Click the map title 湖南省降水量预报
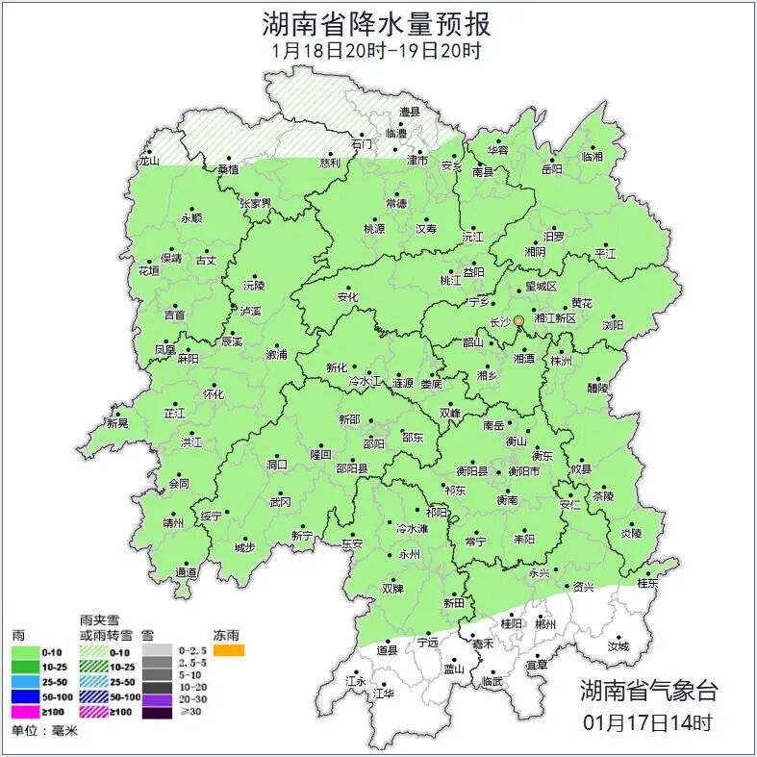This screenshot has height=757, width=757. point(377,22)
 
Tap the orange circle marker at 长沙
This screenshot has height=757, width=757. point(518,320)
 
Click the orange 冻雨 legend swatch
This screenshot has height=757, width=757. point(229,651)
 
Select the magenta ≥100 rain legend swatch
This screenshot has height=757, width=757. point(25,712)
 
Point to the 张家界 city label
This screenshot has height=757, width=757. point(256,203)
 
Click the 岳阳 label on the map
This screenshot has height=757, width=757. point(551,169)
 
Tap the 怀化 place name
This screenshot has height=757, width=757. point(213,394)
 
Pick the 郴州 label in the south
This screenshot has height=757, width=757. point(545,624)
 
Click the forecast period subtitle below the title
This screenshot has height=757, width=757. point(377,50)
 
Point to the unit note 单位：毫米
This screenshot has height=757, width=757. point(44,731)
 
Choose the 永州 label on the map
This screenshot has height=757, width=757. point(409,555)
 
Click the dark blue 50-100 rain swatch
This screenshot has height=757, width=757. point(25,696)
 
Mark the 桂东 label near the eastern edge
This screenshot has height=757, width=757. point(648,583)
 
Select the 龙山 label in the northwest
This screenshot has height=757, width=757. point(148,162)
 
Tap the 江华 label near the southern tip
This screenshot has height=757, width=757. point(384,693)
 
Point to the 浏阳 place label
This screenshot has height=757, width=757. point(613,326)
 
